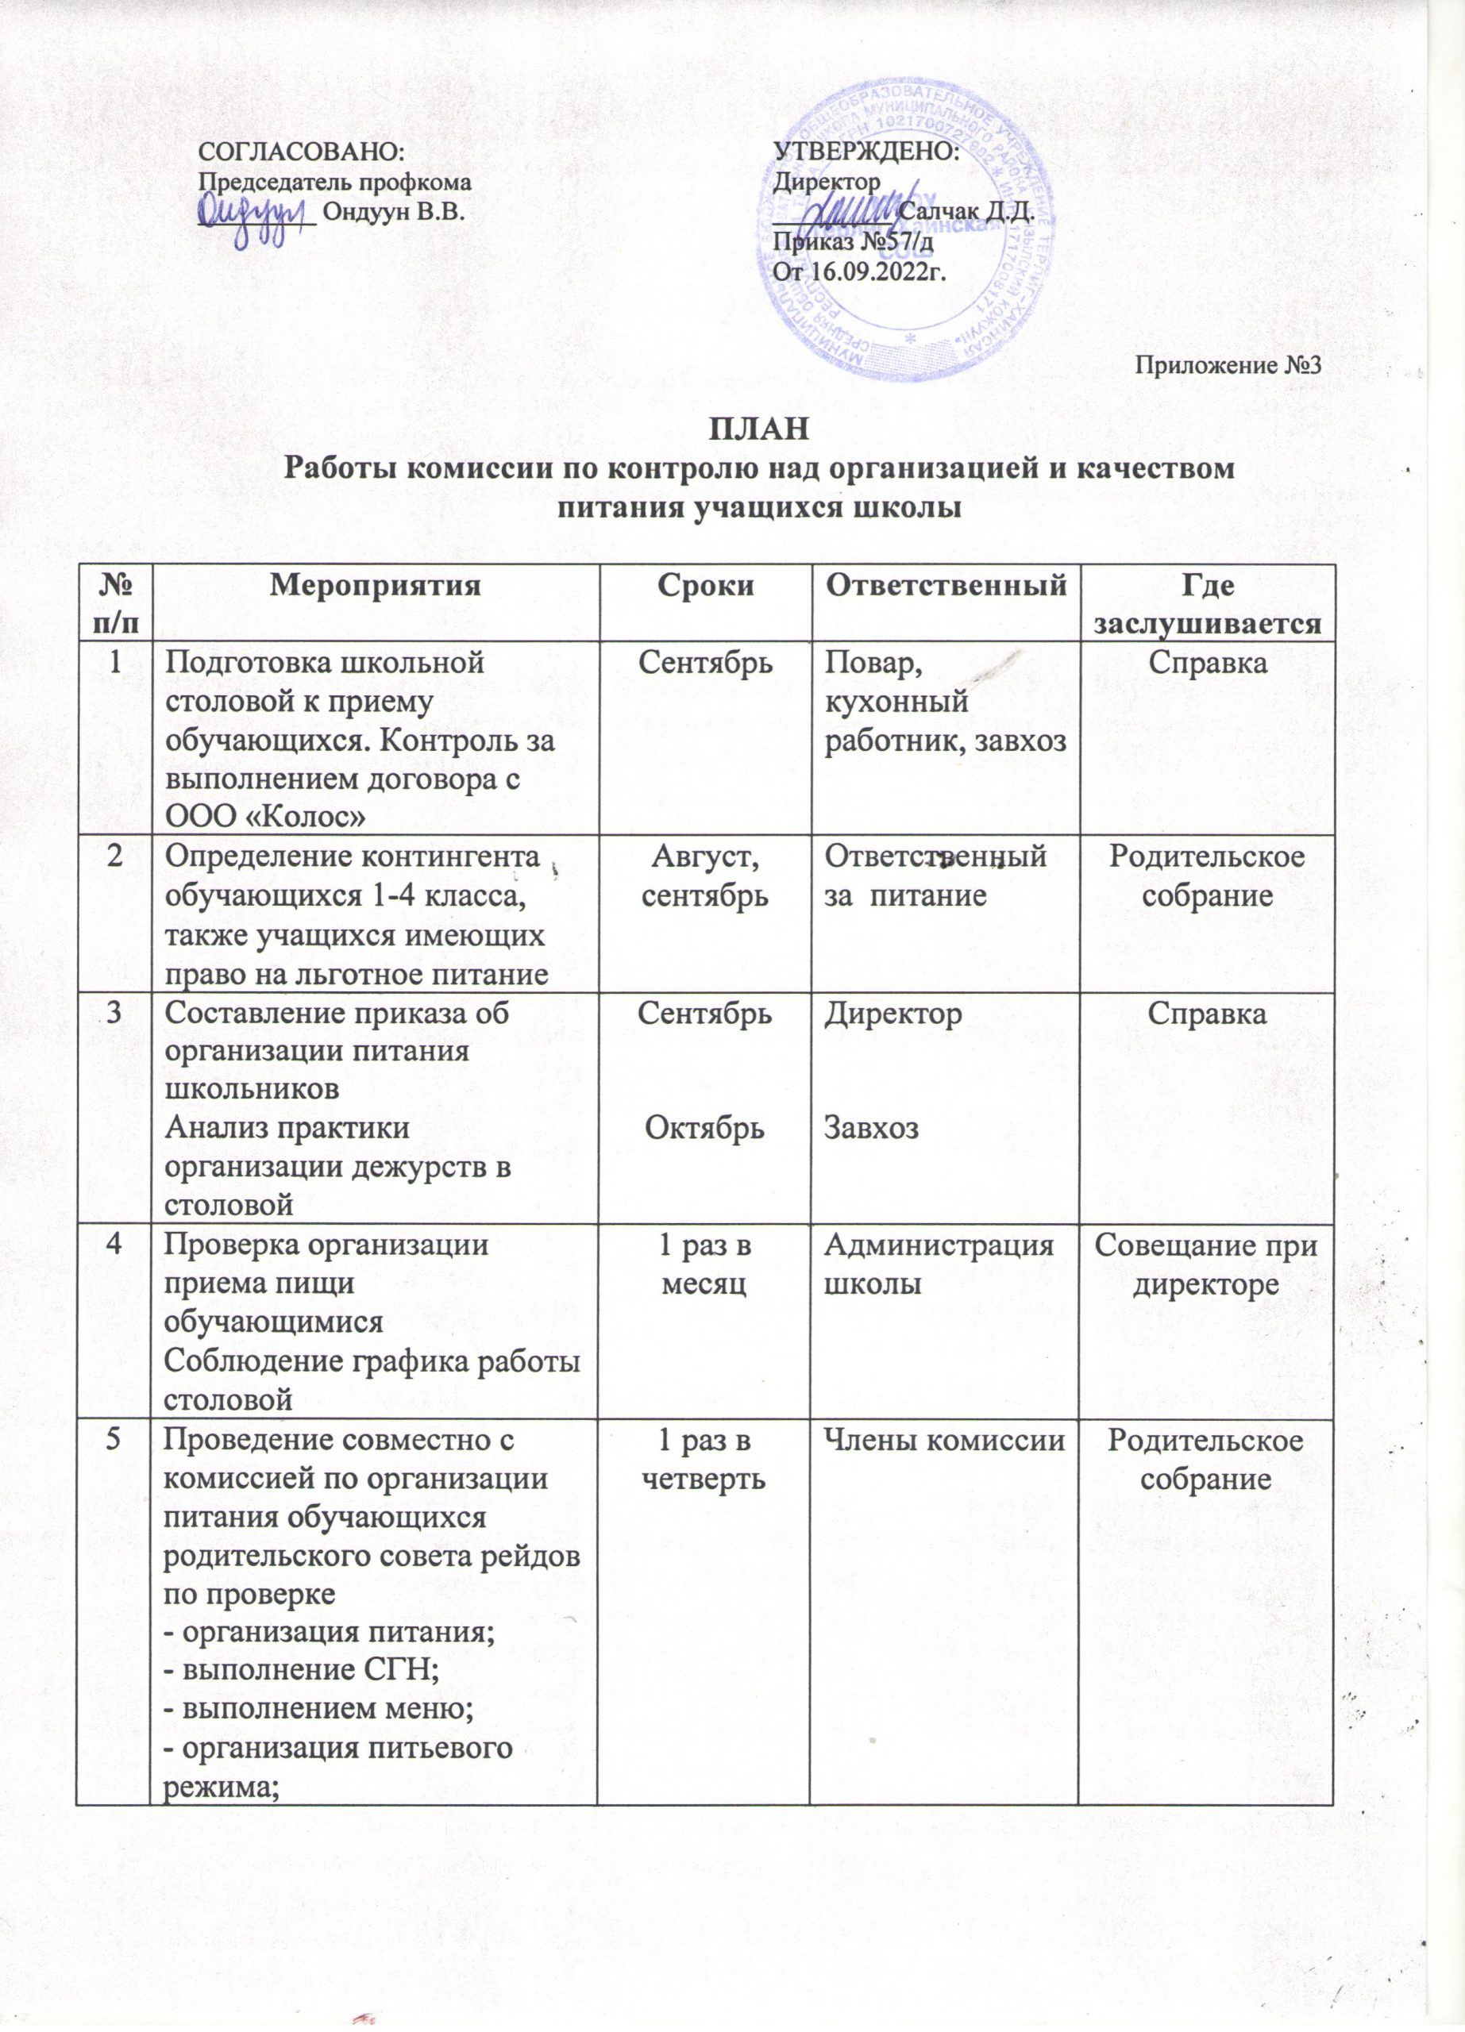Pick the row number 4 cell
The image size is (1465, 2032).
[113, 1247]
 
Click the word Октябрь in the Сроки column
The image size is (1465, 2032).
[704, 1128]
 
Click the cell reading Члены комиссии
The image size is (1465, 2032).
[943, 1441]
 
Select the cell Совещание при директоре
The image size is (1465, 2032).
[1206, 1265]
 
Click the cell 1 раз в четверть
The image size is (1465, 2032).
[704, 1459]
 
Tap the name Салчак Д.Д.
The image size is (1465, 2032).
[966, 214]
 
